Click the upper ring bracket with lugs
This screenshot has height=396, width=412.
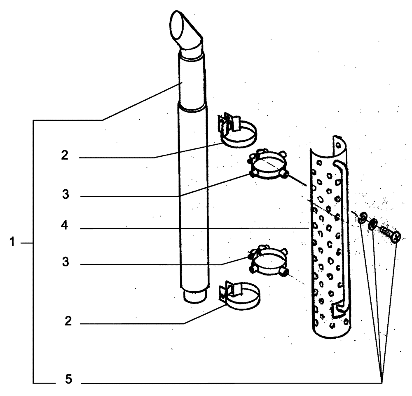coord(268,167)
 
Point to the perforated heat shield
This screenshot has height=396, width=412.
coord(328,247)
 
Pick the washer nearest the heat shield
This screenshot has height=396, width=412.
coord(363,218)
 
